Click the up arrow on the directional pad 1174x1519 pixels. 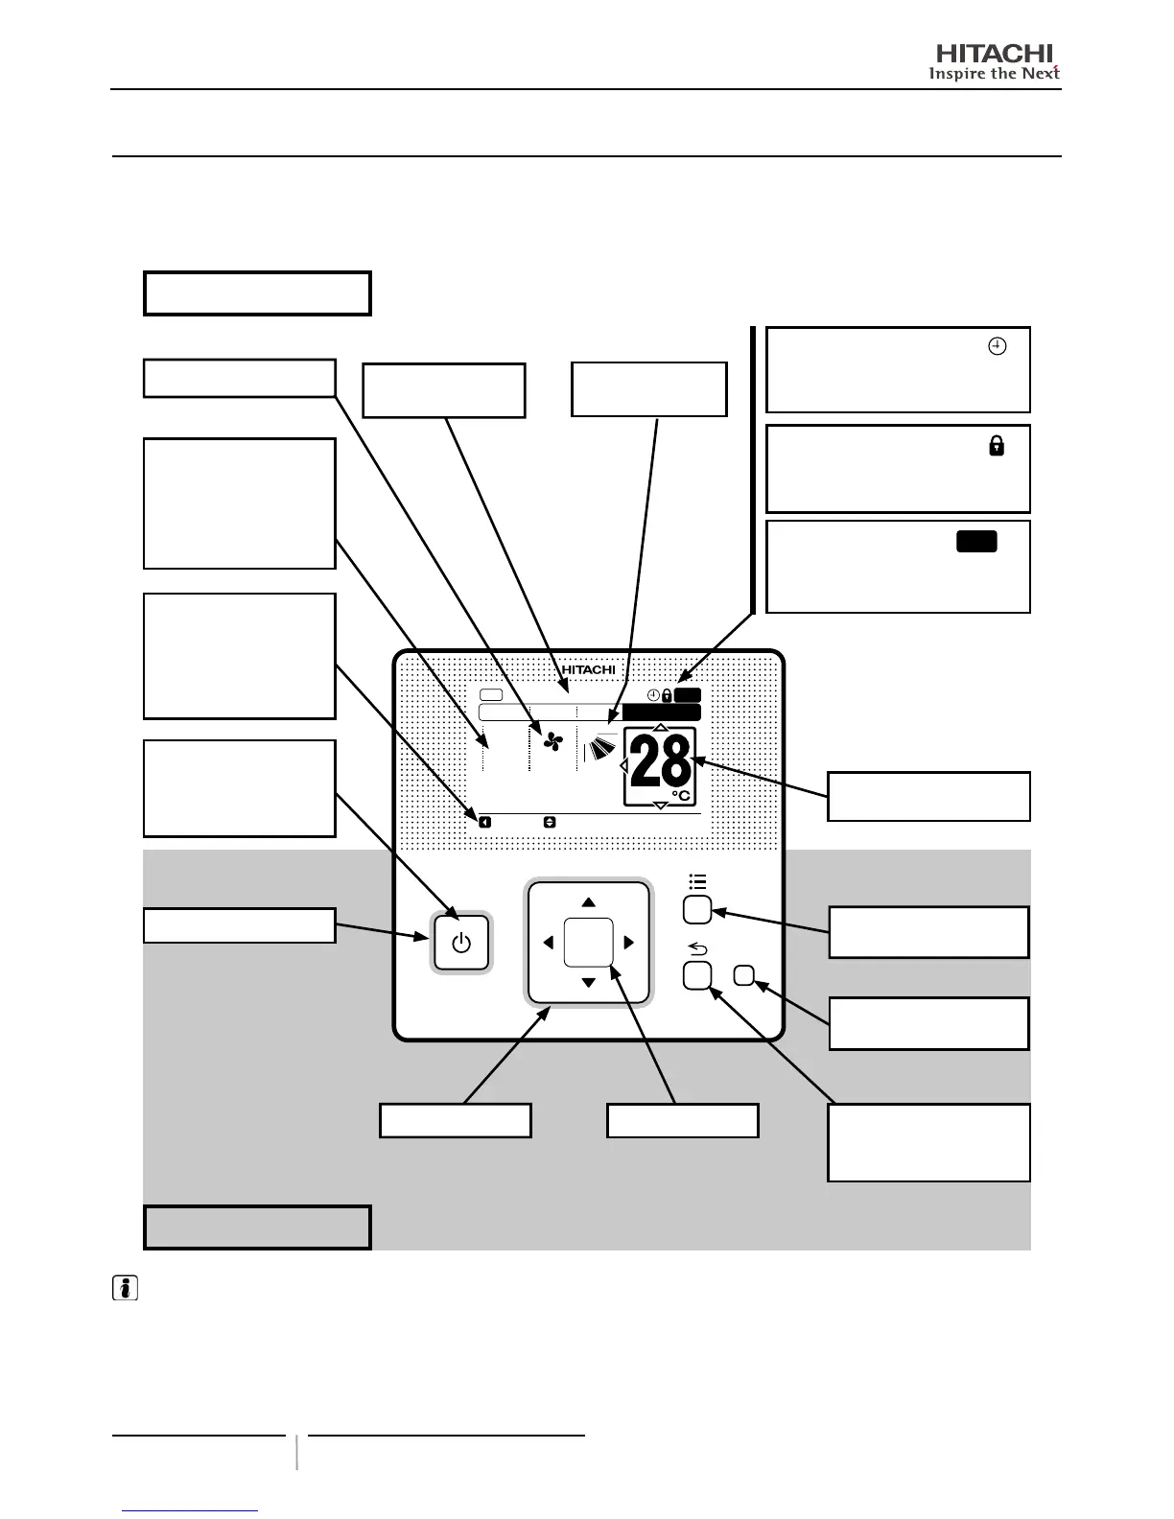[x=589, y=902]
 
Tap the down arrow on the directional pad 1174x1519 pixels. [x=589, y=983]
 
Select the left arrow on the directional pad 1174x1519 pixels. [x=548, y=943]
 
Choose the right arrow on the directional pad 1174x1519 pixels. [x=629, y=943]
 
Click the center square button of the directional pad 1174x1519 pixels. [x=588, y=943]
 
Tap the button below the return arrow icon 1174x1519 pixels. [x=696, y=976]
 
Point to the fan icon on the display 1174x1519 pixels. [x=552, y=741]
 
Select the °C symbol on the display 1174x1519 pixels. [x=680, y=795]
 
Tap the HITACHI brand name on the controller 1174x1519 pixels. [x=588, y=669]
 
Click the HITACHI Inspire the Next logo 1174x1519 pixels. [x=995, y=62]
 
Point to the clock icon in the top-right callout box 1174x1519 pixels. [x=997, y=347]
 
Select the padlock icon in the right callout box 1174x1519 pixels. [x=997, y=445]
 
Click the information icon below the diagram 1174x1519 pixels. [x=125, y=1288]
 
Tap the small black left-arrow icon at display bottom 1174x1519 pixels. [x=485, y=822]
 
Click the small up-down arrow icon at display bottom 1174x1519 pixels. [x=550, y=822]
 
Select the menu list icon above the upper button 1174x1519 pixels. [x=697, y=881]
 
